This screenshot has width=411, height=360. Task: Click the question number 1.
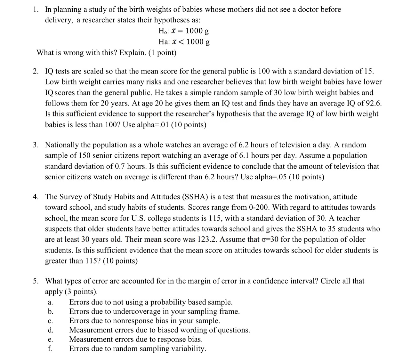[35, 10]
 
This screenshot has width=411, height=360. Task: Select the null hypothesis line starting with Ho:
[183, 31]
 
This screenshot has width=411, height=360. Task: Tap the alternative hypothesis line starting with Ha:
[184, 42]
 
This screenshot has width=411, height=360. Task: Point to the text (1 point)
[162, 53]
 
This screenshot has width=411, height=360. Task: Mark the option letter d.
[50, 330]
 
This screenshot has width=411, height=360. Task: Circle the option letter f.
[50, 349]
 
